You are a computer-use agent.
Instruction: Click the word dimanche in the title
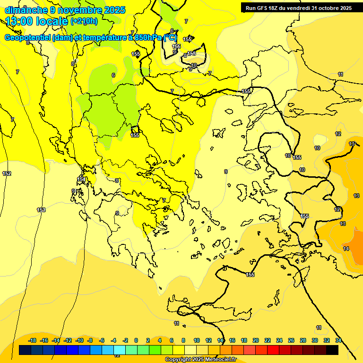coord(26,9)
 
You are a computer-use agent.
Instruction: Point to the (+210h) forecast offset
coord(84,21)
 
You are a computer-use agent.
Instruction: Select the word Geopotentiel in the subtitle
coord(28,38)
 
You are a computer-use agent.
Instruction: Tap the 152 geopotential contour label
coord(7,174)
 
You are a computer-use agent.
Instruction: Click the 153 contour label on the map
coord(41,210)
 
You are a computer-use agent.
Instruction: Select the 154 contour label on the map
coord(81,180)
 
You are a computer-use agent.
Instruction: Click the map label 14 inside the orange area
coord(346,249)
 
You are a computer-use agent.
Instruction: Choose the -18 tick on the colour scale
coord(33,340)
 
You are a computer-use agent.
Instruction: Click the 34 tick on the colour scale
coord(338,340)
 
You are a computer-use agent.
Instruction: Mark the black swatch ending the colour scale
coord(332,350)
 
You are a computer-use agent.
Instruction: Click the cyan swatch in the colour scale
coord(120,350)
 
